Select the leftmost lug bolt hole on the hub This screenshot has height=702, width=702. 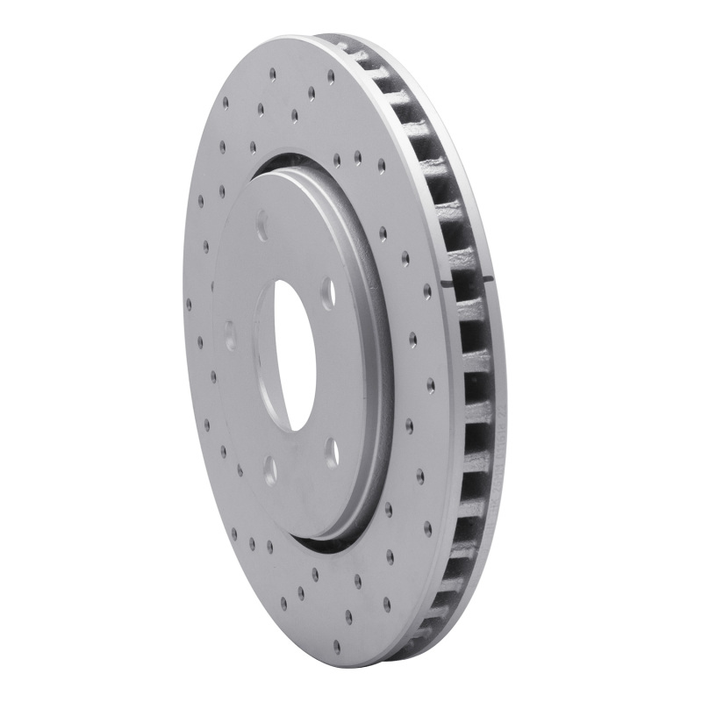pos(230,335)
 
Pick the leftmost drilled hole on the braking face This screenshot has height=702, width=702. pos(189,303)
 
